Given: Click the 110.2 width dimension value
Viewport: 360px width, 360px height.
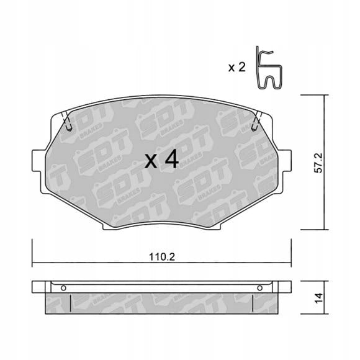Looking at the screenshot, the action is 162,257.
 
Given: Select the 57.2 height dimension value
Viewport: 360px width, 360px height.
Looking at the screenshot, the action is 318,163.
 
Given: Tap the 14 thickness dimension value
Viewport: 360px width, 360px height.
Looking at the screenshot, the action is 318,298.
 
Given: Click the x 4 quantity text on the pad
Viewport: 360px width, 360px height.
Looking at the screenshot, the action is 161,159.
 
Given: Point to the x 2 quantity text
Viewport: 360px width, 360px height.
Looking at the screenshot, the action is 236,67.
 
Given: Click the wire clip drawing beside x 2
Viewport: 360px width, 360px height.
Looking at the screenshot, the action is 269,68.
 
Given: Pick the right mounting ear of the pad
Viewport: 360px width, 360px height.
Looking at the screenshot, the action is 284,161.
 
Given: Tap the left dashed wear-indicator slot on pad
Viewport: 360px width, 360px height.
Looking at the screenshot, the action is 66,121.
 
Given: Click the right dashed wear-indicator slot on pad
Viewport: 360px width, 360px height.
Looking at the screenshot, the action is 257,121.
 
